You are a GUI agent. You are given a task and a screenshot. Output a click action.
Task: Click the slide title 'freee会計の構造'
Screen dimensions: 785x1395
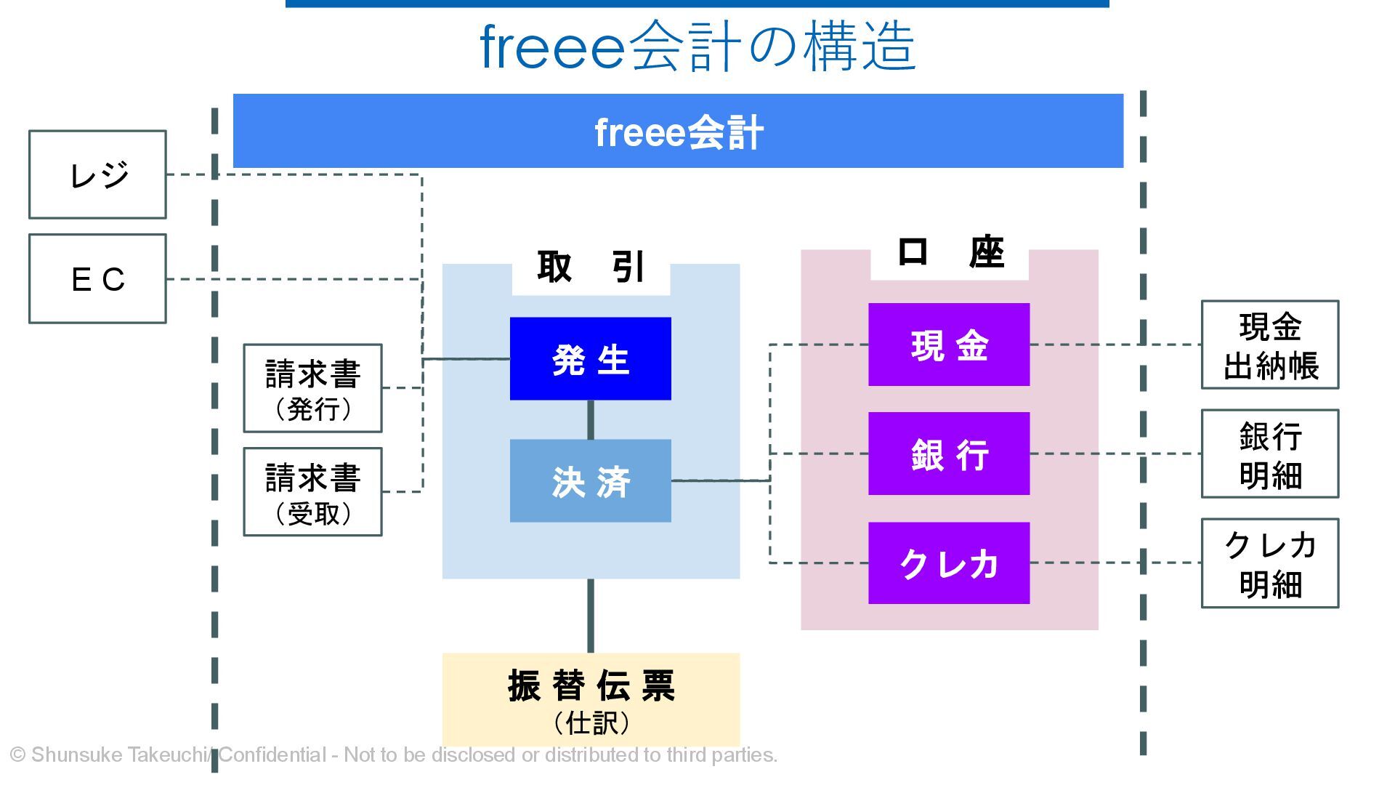697,47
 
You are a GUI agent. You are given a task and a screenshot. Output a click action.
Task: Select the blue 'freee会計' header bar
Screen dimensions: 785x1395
678,131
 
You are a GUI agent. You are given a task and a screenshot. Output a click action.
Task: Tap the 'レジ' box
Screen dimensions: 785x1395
97,174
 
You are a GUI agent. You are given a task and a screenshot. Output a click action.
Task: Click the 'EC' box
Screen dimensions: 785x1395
97,278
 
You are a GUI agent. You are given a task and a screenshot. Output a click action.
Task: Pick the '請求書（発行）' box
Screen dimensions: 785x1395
312,388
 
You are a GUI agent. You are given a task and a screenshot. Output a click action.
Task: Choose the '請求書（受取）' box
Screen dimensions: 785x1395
312,492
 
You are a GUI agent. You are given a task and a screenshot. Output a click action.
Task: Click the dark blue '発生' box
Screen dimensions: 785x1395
590,358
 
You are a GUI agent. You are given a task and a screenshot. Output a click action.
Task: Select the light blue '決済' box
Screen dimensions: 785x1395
590,480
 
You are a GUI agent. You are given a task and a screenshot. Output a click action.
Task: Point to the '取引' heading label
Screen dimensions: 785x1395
591,267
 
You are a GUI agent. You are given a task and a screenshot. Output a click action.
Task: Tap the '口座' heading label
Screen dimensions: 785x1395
950,252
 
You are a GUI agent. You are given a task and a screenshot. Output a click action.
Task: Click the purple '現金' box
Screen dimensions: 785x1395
949,345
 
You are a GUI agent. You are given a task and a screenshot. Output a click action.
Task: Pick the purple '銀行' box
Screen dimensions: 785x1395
949,454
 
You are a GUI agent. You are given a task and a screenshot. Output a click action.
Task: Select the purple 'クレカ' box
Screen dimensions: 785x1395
949,563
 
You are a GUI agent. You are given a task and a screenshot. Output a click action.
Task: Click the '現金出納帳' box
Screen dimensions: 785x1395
1269,345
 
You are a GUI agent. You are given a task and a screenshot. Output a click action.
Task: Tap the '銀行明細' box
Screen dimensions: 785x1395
1269,454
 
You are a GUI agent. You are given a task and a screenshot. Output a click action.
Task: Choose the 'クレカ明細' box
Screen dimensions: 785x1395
1269,563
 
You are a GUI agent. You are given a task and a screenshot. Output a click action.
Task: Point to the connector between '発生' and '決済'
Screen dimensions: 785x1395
590,419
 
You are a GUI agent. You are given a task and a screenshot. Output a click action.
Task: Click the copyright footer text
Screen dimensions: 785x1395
393,754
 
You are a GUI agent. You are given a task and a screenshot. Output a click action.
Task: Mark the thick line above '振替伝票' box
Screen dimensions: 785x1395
590,616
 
